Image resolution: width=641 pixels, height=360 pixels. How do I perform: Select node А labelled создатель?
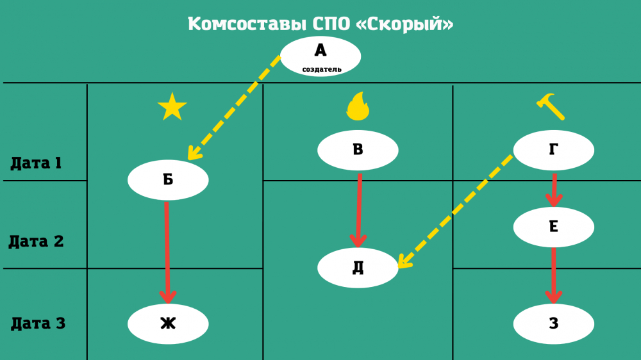(320, 56)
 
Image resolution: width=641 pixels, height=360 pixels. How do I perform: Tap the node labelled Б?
(168, 180)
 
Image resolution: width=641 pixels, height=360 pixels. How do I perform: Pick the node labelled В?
(358, 151)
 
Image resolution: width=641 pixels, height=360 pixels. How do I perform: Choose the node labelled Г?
(554, 151)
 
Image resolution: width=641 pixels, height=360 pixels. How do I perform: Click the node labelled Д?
(358, 268)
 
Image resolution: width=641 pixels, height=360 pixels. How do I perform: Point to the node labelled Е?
(554, 227)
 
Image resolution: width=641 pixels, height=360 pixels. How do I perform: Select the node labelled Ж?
(168, 324)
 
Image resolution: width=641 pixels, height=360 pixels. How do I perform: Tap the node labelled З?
(554, 324)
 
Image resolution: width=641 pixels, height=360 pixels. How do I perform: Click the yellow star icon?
(172, 107)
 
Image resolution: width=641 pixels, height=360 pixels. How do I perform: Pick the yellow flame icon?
(358, 107)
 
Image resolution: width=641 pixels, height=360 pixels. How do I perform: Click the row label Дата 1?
(36, 163)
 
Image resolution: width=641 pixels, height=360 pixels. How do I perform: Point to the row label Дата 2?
(36, 242)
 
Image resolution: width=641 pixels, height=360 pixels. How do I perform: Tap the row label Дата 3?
(38, 323)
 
